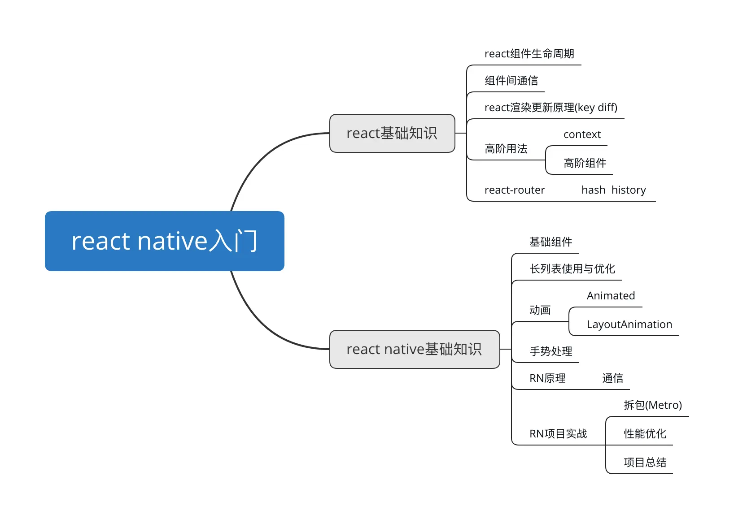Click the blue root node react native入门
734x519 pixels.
tap(164, 241)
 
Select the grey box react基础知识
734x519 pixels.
tap(392, 133)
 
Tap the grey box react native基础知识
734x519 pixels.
tap(414, 349)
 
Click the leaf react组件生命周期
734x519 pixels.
tap(529, 54)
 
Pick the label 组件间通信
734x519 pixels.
tap(511, 81)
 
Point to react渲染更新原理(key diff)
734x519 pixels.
tap(550, 108)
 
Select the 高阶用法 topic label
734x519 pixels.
tap(506, 149)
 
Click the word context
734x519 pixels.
tap(582, 134)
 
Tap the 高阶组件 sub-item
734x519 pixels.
tap(585, 163)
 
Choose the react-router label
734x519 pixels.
tap(515, 190)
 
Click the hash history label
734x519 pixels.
tap(613, 190)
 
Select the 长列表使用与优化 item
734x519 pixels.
tap(572, 269)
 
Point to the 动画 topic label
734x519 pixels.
tap(540, 310)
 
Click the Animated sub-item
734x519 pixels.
tap(611, 296)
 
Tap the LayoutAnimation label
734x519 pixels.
tap(629, 324)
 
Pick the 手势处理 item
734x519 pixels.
tap(550, 351)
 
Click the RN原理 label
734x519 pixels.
tap(547, 378)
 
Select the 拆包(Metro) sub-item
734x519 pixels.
tap(652, 405)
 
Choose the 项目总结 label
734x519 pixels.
tap(645, 463)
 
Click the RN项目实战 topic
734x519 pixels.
tap(558, 434)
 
